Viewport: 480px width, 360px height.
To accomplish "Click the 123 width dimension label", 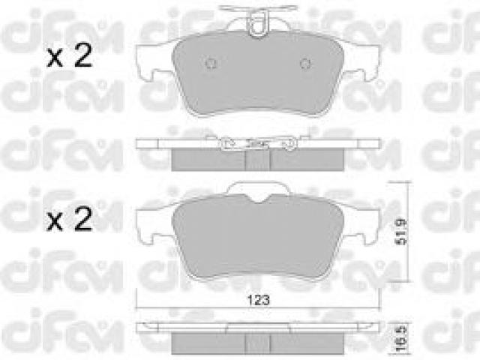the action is click(x=258, y=300).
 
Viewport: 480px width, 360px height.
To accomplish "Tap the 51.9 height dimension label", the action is click(x=402, y=232).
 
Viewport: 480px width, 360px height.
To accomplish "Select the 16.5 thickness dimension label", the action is click(x=402, y=339).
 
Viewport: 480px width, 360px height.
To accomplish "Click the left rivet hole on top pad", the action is click(x=211, y=63).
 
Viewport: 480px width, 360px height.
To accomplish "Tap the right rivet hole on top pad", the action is click(x=305, y=63).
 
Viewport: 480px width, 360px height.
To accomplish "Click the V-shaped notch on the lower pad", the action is click(x=258, y=198).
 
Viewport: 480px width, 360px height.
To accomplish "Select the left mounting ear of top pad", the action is click(x=153, y=63).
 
